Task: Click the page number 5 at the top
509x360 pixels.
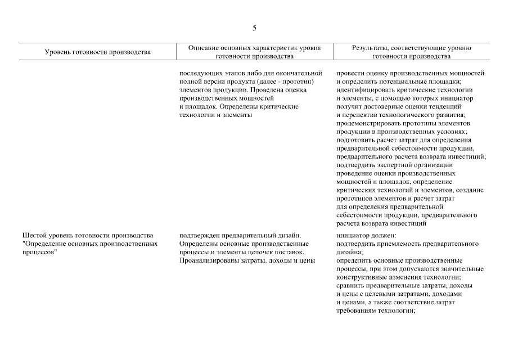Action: click(x=254, y=28)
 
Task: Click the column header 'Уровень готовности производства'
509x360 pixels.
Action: click(x=98, y=52)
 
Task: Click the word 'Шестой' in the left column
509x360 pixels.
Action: click(x=33, y=236)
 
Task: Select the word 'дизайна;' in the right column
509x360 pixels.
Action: click(x=350, y=253)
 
